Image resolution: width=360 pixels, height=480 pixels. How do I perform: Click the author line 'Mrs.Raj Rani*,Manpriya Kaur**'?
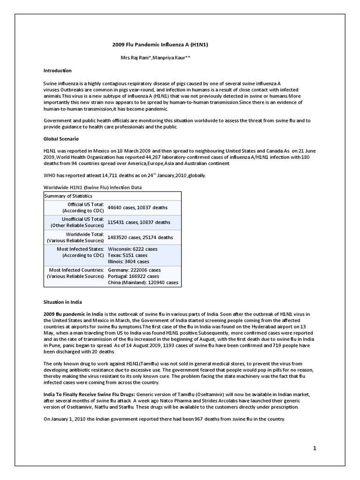[x=157, y=58]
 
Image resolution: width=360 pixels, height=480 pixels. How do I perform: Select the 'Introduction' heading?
[x=58, y=70]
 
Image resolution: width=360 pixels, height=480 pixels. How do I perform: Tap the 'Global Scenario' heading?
[x=61, y=139]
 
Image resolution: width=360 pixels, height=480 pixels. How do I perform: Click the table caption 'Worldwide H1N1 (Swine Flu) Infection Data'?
[x=93, y=187]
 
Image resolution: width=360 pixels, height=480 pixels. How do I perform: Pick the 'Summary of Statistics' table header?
[x=68, y=196]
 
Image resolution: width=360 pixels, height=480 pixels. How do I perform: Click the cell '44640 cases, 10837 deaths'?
[x=137, y=207]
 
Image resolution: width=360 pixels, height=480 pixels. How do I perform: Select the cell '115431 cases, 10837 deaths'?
[x=139, y=222]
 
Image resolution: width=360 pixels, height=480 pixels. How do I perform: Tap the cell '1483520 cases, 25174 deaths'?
[x=140, y=237]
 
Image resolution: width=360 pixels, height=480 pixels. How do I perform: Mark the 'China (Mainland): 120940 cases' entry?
[x=143, y=283]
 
